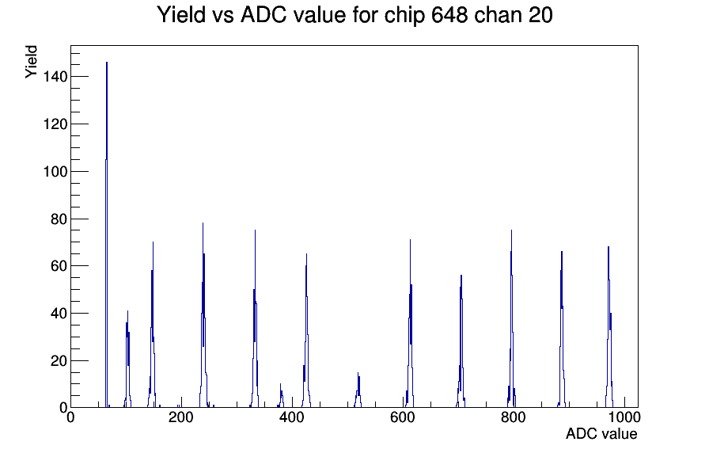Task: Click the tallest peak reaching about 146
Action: click(107, 235)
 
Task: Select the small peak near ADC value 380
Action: click(281, 397)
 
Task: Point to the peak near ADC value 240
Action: click(203, 317)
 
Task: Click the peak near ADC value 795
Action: click(511, 319)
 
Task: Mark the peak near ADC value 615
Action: click(410, 324)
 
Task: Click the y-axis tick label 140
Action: click(55, 77)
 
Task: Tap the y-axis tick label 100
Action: click(55, 172)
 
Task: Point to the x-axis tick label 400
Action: click(292, 417)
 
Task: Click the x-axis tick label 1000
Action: click(624, 417)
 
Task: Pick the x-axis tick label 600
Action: click(403, 417)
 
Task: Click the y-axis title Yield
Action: click(31, 62)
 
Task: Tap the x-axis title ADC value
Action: click(601, 433)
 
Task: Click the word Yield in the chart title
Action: click(181, 15)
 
